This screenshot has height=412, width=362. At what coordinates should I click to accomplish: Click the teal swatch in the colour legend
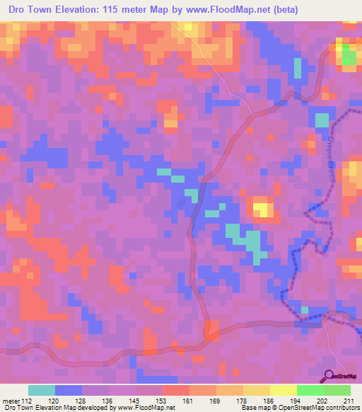[x=42, y=391]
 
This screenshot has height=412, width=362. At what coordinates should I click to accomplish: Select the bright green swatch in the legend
[x=310, y=391]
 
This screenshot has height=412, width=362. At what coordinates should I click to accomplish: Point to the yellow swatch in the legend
[x=283, y=391]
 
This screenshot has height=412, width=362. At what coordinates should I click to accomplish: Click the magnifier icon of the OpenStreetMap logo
[x=329, y=376]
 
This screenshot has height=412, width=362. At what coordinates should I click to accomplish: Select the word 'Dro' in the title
[x=16, y=10]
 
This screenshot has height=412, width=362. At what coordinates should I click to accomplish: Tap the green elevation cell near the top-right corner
[x=348, y=57]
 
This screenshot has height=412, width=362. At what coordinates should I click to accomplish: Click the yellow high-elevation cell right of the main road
[x=262, y=209]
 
